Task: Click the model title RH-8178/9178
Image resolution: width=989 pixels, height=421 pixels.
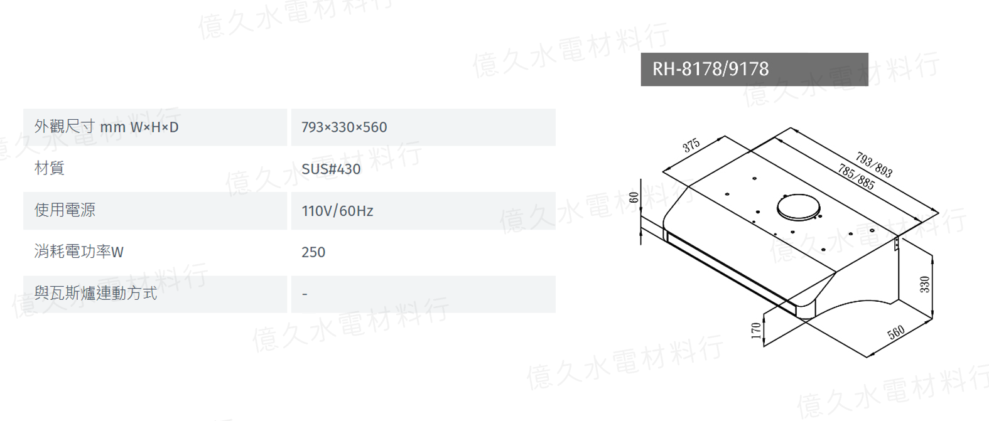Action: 710,69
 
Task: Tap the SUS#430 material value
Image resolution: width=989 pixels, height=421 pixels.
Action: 331,169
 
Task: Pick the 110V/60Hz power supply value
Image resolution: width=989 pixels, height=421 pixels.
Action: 337,211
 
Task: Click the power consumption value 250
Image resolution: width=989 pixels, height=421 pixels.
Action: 313,252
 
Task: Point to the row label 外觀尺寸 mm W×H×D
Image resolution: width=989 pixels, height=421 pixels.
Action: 106,127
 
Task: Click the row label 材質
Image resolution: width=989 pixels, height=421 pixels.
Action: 50,169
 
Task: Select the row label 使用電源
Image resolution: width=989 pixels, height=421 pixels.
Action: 65,210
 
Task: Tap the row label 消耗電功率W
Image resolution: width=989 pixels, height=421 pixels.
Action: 79,252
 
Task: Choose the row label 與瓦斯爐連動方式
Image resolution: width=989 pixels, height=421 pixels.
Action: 96,294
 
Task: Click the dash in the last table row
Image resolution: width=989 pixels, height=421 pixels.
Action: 305,294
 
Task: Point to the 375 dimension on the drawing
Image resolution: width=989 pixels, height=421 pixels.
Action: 691,145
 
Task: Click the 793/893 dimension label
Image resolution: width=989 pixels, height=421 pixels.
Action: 874,164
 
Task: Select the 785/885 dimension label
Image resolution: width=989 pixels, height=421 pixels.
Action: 856,177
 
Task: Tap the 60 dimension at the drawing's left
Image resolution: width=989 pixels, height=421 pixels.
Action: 634,197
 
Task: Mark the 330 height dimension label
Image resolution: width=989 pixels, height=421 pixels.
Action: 924,284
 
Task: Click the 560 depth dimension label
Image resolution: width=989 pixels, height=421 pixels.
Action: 896,333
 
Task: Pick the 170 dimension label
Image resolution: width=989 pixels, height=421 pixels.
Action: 756,331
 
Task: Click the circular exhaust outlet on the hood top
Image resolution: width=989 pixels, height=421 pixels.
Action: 799,207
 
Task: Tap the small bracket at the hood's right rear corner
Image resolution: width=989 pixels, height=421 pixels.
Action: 897,243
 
